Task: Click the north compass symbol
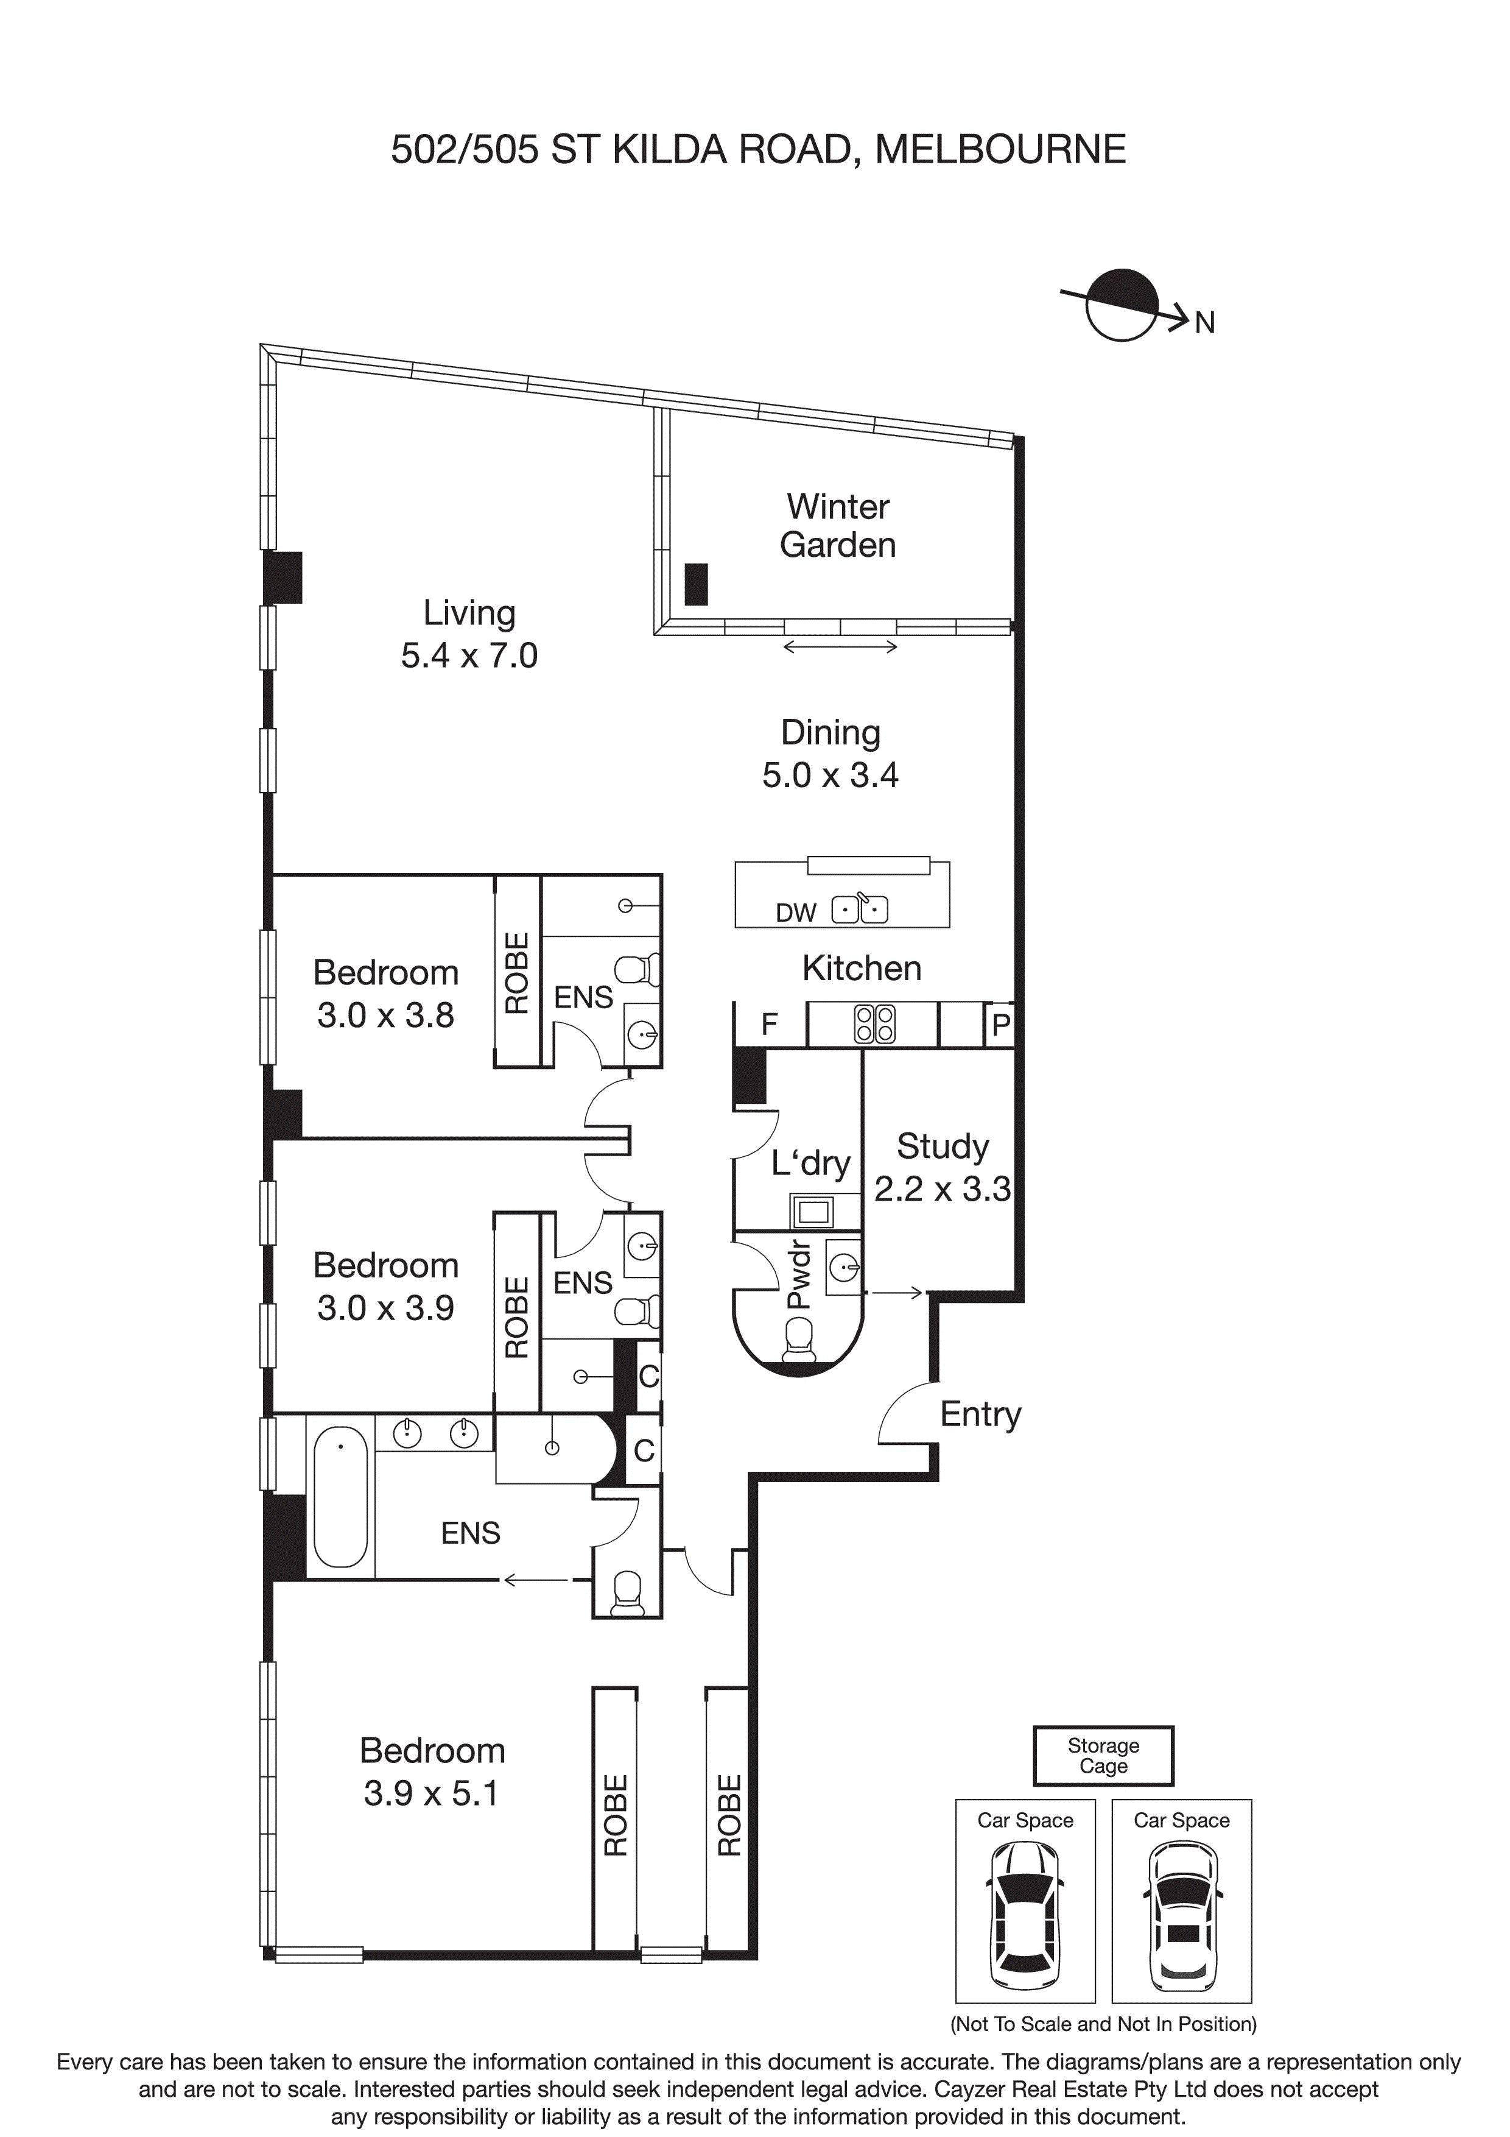pyautogui.click(x=1122, y=305)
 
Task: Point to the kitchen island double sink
pyautogui.click(x=860, y=908)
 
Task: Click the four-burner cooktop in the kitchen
pyautogui.click(x=874, y=1024)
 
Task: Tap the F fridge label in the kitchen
pyautogui.click(x=770, y=1024)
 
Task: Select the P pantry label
pyautogui.click(x=1001, y=1025)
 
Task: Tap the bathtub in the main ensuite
pyautogui.click(x=340, y=1497)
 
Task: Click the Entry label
pyautogui.click(x=980, y=1414)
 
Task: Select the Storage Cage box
pyautogui.click(x=1103, y=1756)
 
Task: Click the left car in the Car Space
pyautogui.click(x=1024, y=1913)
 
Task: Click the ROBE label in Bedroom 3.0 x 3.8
pyautogui.click(x=516, y=973)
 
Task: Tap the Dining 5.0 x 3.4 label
pyautogui.click(x=830, y=754)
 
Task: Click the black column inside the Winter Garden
pyautogui.click(x=696, y=585)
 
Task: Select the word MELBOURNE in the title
pyautogui.click(x=1000, y=149)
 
